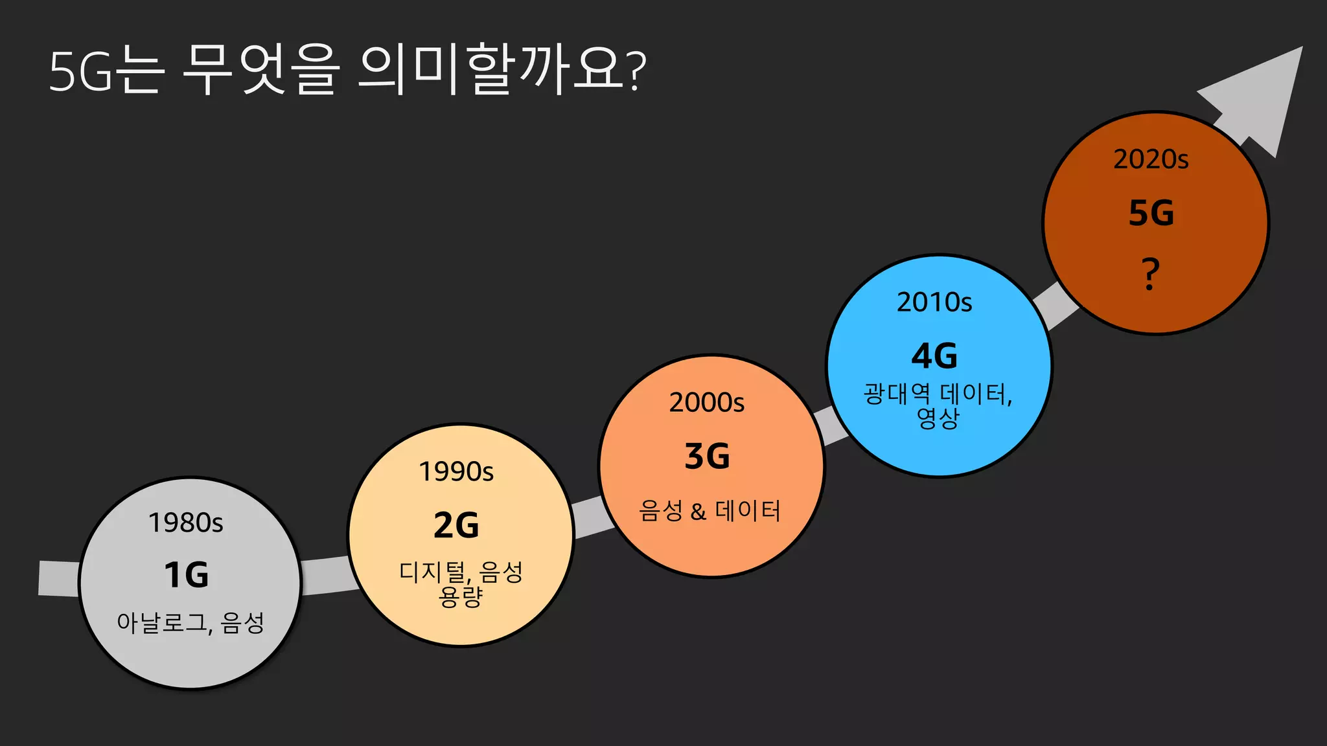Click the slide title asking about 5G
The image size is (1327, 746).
point(347,70)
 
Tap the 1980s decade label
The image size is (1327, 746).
point(186,523)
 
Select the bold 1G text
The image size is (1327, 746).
point(187,575)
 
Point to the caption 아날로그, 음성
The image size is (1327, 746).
point(190,623)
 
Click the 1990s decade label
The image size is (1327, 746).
point(456,471)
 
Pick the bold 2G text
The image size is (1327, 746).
point(456,525)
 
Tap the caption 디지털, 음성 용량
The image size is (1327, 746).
point(461,583)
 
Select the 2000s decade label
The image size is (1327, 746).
point(707,403)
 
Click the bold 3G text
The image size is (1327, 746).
point(707,457)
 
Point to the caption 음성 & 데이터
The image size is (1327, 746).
point(710,511)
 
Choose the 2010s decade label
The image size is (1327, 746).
point(934,302)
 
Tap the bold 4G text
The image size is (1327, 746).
point(934,356)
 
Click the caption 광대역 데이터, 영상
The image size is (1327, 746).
point(938,405)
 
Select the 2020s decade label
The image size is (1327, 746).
point(1151,159)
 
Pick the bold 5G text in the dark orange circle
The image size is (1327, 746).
point(1151,213)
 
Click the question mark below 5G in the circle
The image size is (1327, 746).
point(1150,273)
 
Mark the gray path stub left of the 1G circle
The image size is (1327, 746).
point(58,578)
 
